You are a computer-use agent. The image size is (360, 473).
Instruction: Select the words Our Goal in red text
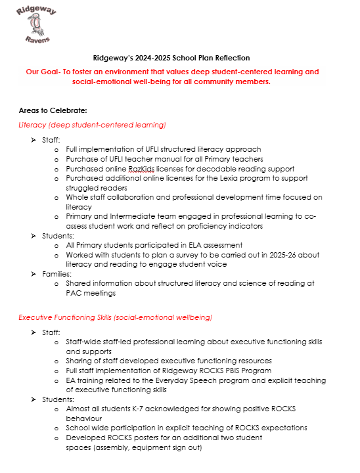[x=41, y=72]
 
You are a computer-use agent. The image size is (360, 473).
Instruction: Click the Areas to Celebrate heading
[x=53, y=110]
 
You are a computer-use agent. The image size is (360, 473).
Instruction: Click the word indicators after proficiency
[x=240, y=226]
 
